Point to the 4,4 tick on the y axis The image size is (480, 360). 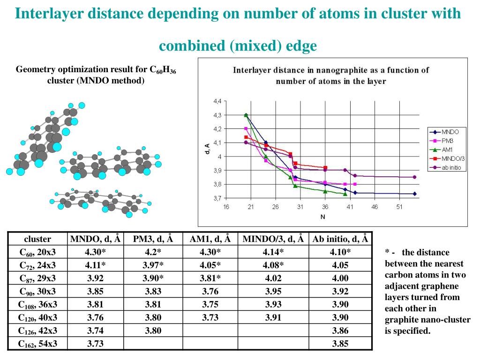click(x=217, y=101)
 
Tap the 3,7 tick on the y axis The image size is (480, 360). click(x=217, y=198)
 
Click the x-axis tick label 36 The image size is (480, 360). click(x=325, y=207)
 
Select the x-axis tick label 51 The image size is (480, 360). click(x=399, y=207)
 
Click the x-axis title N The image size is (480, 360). click(x=322, y=217)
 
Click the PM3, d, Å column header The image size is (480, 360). click(x=153, y=239)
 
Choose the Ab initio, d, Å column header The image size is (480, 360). click(x=340, y=239)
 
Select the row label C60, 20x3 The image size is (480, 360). click(x=37, y=252)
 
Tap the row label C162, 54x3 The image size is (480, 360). click(x=37, y=344)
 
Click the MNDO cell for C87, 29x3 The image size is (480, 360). click(x=95, y=278)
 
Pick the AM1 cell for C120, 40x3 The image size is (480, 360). click(x=210, y=317)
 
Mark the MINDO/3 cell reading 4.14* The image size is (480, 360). click(x=273, y=252)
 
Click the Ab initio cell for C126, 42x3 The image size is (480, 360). click(x=340, y=330)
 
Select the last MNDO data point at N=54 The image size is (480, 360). click(x=414, y=194)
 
